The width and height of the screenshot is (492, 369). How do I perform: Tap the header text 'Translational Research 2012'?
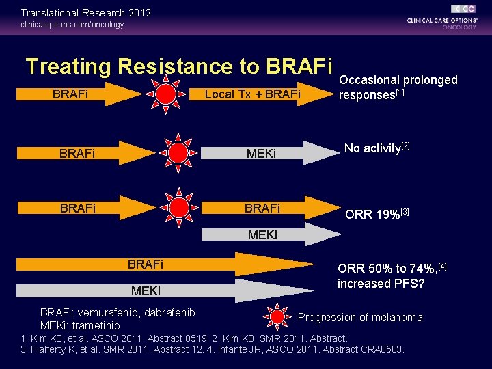coord(85,13)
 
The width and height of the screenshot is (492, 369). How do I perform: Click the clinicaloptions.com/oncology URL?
coord(72,25)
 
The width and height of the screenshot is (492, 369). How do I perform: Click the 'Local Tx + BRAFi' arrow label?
coord(252,94)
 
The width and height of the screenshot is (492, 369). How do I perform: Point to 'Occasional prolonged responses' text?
coord(398,87)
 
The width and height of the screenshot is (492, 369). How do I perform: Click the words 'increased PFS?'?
coord(381,283)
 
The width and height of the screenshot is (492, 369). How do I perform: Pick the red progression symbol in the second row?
coord(178,152)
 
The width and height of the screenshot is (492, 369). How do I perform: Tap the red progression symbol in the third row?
coord(178,207)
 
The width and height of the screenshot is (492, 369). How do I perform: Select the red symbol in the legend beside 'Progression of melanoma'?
coord(277,316)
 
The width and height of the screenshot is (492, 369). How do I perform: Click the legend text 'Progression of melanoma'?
coord(360,317)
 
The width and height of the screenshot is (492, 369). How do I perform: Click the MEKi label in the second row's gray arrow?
coord(262,153)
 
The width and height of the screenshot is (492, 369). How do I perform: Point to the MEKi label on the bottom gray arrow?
coord(146,291)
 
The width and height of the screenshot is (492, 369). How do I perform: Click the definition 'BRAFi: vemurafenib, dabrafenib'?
coord(118,312)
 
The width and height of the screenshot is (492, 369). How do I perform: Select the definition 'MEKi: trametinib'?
coord(80,325)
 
